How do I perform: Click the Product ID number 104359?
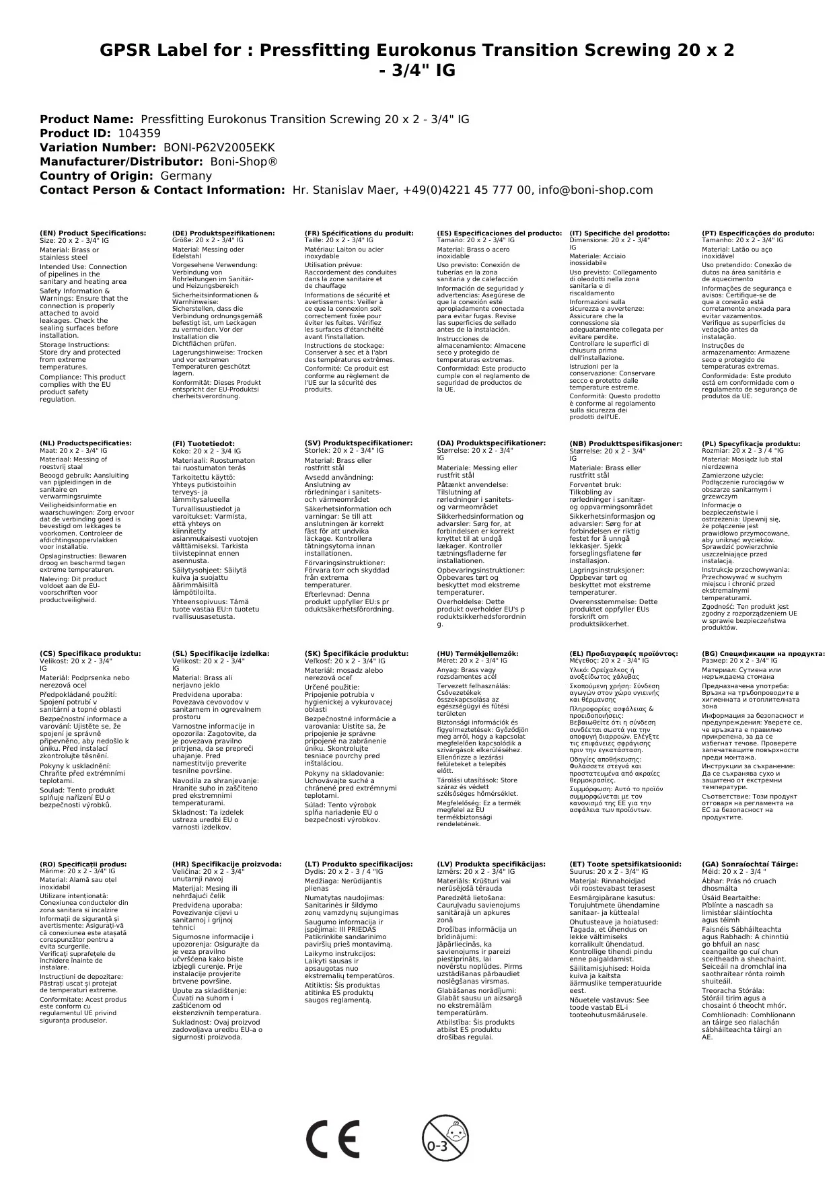click(x=139, y=133)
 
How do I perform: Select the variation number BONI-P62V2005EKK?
click(x=219, y=147)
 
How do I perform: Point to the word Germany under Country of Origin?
click(x=186, y=176)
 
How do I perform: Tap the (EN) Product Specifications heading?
click(x=93, y=233)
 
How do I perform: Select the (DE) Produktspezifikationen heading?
click(x=223, y=233)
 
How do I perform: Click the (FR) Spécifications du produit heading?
click(x=359, y=233)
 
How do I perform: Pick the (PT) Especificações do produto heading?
click(x=758, y=233)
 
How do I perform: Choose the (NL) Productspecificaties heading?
click(x=86, y=443)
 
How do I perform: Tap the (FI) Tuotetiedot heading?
click(x=204, y=444)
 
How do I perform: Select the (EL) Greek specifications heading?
click(x=624, y=653)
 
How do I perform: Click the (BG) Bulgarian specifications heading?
click(x=763, y=653)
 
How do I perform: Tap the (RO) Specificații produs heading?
click(x=83, y=864)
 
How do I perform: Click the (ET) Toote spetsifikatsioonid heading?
click(x=625, y=864)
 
